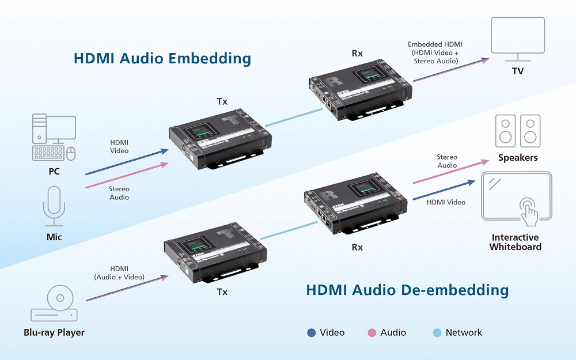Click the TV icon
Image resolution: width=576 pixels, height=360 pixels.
pos(517,37)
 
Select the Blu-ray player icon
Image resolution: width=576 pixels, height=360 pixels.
pos(54,305)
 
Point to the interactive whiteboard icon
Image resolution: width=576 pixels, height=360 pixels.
pos(517,198)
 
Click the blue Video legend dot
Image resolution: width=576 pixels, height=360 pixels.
pos(312,332)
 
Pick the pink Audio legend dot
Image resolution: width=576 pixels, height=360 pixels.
pos(372,332)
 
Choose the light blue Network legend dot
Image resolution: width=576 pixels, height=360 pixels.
pos(437,332)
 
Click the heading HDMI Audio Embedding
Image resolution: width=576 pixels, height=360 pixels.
pos(162,58)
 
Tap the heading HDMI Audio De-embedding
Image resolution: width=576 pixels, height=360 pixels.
pos(407,289)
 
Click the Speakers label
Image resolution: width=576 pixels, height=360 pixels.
pos(518,157)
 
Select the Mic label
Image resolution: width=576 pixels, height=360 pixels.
pos(54,237)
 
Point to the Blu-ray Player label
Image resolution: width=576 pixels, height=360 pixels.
pos(54,332)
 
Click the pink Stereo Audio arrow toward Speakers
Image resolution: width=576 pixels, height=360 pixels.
pos(450,172)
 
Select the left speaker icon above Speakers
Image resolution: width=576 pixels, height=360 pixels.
pos(505,131)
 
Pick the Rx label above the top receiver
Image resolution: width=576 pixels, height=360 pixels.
pos(357,54)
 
